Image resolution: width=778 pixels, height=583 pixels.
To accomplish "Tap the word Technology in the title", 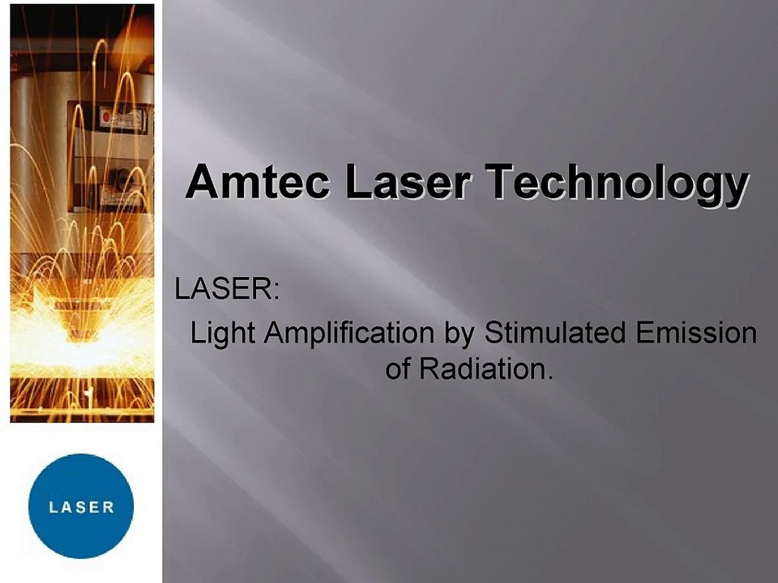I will click(x=615, y=183).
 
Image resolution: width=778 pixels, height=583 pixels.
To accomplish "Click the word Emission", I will click(x=694, y=333).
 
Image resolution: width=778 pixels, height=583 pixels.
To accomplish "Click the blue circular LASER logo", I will click(x=80, y=506).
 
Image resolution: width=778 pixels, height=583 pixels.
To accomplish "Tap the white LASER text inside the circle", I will click(x=80, y=508).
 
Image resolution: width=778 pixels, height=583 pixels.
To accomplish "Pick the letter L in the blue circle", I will click(x=53, y=508).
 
